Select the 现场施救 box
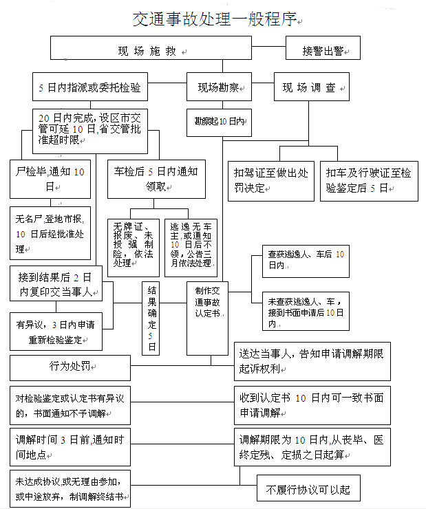tap(151, 50)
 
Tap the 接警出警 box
tap(323, 50)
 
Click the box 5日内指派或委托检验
tap(90, 87)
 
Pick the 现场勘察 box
tap(220, 87)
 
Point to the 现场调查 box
tap(311, 87)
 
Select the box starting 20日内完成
tap(90, 129)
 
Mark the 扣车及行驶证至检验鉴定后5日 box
tap(369, 180)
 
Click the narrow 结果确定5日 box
tap(153, 318)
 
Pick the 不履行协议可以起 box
tap(308, 490)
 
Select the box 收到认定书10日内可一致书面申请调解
tap(312, 405)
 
